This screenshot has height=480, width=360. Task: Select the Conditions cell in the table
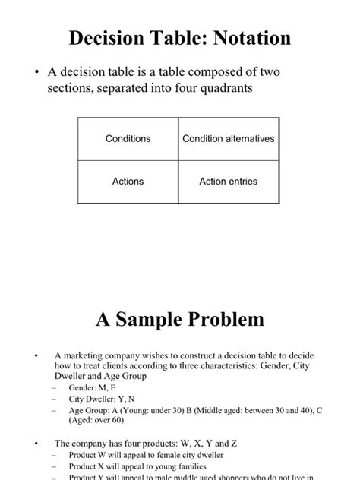click(x=128, y=139)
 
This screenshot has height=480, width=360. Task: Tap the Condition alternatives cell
click(x=229, y=139)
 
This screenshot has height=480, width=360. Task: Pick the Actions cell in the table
click(x=128, y=182)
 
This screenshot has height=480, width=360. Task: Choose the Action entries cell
click(x=229, y=182)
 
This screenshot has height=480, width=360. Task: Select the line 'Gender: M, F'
click(x=93, y=387)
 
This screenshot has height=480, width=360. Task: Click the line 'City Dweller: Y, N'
click(x=104, y=399)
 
